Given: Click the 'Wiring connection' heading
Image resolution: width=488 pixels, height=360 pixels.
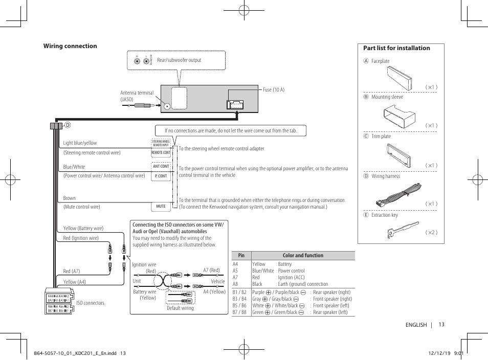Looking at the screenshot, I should [x=70, y=46].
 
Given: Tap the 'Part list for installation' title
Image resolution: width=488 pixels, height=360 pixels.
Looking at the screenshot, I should [x=396, y=48].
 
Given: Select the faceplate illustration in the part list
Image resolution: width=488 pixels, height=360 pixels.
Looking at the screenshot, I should [x=399, y=78].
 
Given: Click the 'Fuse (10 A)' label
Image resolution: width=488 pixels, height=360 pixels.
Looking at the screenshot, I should [x=274, y=89].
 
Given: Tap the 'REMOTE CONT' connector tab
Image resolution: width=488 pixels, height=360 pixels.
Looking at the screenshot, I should [x=161, y=152].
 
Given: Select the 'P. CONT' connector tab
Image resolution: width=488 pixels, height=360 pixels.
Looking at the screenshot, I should [x=161, y=176].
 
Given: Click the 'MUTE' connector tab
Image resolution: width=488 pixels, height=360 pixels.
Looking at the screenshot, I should [x=161, y=207].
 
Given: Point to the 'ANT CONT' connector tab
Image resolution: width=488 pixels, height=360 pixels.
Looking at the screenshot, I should [x=161, y=166].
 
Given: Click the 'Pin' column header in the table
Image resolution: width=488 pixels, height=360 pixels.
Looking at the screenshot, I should [x=241, y=256].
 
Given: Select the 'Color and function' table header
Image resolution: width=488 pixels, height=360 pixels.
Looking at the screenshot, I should [x=303, y=256].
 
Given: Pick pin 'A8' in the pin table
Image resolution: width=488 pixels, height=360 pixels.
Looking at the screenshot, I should [x=236, y=284].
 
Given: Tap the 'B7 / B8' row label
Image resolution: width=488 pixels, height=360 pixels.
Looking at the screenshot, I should [x=239, y=312].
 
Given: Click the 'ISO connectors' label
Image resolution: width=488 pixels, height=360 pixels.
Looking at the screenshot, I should [x=91, y=303].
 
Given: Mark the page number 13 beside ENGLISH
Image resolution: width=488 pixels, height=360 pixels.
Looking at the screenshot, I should [x=441, y=325].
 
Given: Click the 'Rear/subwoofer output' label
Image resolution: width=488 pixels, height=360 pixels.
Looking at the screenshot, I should [x=179, y=60].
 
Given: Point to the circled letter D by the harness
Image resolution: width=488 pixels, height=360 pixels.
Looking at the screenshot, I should [x=67, y=125].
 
